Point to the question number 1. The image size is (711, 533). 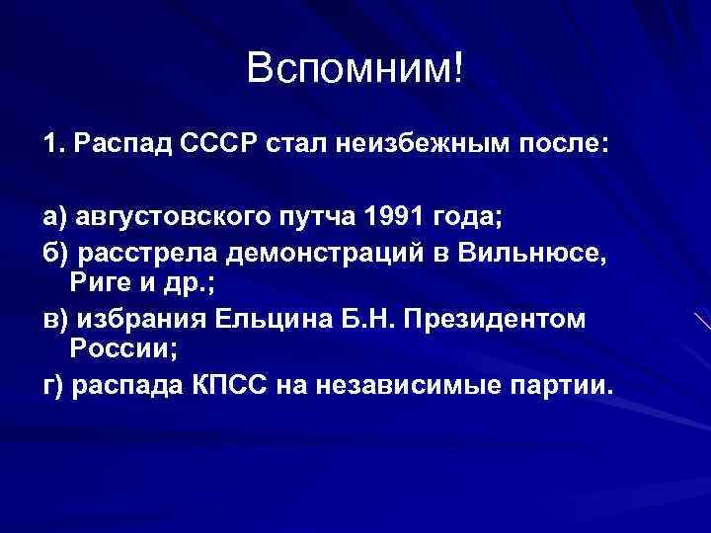(50, 146)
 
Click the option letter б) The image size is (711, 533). (53, 252)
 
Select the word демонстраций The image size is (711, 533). (330, 252)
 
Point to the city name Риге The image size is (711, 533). (97, 285)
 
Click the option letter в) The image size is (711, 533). (53, 320)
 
